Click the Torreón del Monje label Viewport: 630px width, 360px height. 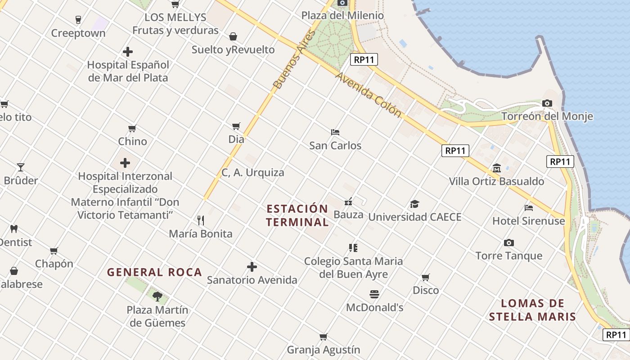coord(547,117)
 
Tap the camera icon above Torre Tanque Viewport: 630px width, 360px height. coord(509,243)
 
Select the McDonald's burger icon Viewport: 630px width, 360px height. coord(374,294)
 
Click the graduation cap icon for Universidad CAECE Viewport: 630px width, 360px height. coord(414,204)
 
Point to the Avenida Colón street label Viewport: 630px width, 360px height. coord(368,95)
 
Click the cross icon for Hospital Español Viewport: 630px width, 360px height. coord(128,52)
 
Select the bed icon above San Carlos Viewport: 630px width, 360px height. coord(335,132)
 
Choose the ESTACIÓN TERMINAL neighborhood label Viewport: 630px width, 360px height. coord(297,215)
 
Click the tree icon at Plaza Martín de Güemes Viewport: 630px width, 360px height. coord(157,296)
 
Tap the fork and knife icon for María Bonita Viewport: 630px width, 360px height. coord(201,220)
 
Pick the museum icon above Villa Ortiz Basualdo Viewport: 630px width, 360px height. coord(497,168)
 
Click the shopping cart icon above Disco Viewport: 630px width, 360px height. coord(426,277)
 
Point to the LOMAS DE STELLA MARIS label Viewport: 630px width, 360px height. coord(532,310)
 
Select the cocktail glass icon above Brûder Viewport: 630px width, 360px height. coord(21,167)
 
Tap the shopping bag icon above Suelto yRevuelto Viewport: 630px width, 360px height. coord(233,36)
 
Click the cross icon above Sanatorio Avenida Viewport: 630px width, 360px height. coord(252,267)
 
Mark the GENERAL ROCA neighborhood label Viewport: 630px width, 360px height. coord(154,272)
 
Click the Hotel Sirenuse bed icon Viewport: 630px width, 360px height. coord(529,208)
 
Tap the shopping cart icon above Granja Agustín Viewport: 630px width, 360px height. coord(323,337)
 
